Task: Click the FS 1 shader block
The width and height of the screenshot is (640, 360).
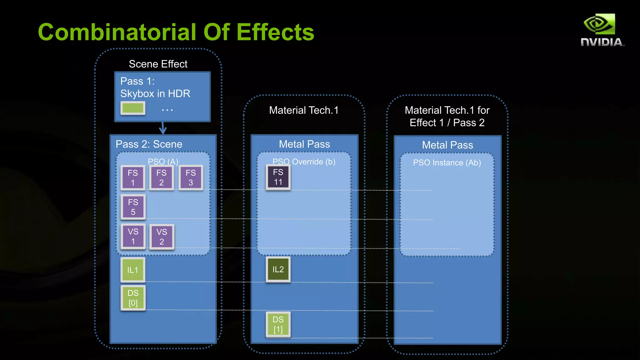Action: pos(133,177)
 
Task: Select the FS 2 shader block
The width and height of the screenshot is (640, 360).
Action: pos(162,177)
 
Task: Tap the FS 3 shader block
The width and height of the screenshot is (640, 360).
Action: pos(191,177)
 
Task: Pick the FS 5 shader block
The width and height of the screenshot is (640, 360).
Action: pos(133,207)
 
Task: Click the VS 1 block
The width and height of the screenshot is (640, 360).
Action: pos(133,237)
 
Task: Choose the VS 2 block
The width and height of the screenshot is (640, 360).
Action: pos(162,237)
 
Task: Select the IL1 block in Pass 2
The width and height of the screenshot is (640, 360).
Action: pos(133,270)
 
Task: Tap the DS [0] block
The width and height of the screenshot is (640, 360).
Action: pos(133,298)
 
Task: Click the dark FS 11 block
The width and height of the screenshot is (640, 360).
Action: pos(278,177)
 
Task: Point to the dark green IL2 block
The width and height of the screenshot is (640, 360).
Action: pos(278,269)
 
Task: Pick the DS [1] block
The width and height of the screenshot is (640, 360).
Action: pos(278,324)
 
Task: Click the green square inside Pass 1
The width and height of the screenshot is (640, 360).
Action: pos(133,108)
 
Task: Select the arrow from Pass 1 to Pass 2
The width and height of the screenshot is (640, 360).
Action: pos(163,128)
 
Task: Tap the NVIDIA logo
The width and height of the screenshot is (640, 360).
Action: pos(602,30)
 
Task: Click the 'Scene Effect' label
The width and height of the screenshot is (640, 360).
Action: pos(158,64)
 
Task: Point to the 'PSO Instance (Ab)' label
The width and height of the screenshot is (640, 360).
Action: pos(447,162)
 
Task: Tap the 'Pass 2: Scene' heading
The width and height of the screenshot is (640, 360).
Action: pos(149,144)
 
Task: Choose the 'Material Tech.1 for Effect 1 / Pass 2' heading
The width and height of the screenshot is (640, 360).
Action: pos(447,116)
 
